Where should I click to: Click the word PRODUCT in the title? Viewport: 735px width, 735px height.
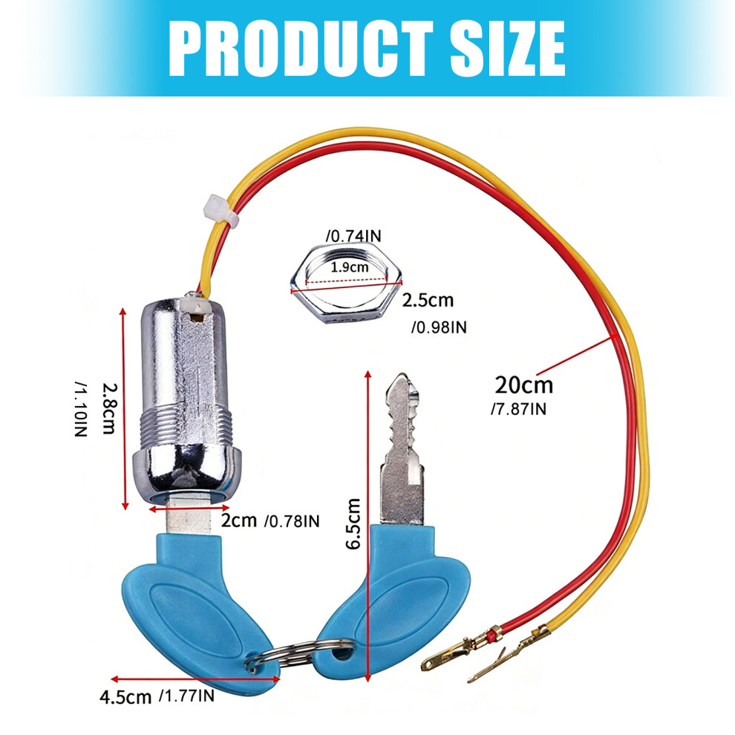(x=301, y=48)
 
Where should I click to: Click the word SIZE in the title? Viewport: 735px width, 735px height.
(x=507, y=48)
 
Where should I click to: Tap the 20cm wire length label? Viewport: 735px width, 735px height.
(x=523, y=385)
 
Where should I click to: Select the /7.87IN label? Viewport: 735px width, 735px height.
(x=518, y=409)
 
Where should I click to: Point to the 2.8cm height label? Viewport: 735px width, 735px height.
(x=108, y=408)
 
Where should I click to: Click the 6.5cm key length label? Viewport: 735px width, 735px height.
(x=353, y=523)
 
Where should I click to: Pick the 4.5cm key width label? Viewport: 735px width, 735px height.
(x=125, y=697)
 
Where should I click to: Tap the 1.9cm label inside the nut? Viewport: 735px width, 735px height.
(x=350, y=267)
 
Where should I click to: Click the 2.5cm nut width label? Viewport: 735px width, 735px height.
(x=428, y=300)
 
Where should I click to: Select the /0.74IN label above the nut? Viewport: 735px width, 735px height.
(x=353, y=236)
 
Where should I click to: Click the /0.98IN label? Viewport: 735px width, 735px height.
(x=439, y=327)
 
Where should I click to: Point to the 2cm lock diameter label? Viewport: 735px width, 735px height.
(x=239, y=520)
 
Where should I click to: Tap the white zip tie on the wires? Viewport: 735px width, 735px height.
(x=221, y=210)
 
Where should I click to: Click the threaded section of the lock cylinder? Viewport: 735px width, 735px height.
(x=186, y=424)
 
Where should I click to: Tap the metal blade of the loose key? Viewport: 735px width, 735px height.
(x=402, y=449)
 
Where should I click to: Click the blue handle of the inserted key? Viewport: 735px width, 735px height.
(x=197, y=614)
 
